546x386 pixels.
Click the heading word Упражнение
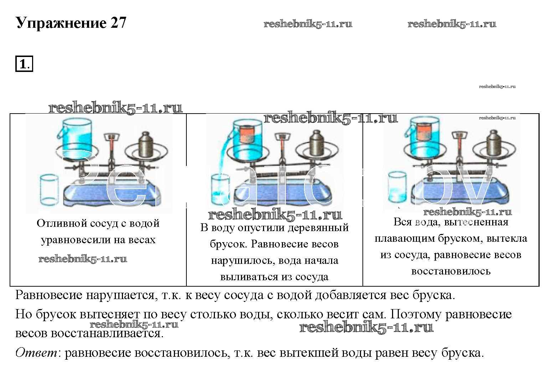[61, 23]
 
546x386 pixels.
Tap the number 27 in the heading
[118, 23]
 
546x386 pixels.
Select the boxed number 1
[24, 65]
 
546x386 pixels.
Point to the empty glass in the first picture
[49, 189]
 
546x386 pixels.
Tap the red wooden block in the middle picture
[247, 135]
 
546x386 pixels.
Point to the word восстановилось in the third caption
[451, 271]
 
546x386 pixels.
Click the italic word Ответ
[36, 353]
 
